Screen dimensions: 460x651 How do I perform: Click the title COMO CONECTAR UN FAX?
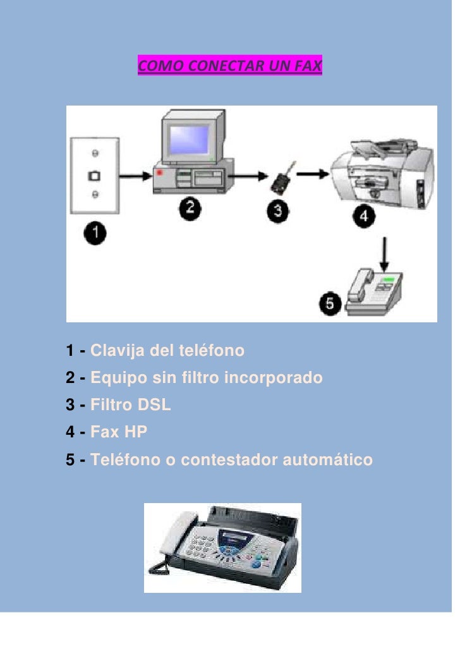(229, 66)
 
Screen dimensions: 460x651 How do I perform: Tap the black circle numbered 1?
(95, 233)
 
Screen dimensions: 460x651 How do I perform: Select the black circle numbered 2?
(190, 208)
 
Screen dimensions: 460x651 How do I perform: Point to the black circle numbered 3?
(278, 211)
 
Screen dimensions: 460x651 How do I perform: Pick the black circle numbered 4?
(364, 216)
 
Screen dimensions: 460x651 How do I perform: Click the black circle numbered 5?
(330, 303)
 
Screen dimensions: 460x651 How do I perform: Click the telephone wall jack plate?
(95, 175)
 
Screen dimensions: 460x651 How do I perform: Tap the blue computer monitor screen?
(190, 139)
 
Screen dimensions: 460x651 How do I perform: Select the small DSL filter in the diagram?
(282, 178)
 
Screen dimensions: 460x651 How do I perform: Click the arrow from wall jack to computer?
(135, 176)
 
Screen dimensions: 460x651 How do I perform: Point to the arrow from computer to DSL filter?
(248, 176)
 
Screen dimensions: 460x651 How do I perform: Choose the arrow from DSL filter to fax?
(313, 174)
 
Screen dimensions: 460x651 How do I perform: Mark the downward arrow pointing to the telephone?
(384, 254)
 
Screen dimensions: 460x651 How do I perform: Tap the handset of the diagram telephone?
(360, 285)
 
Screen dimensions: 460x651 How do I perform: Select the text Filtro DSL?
(130, 405)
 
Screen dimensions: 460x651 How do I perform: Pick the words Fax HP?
(119, 432)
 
